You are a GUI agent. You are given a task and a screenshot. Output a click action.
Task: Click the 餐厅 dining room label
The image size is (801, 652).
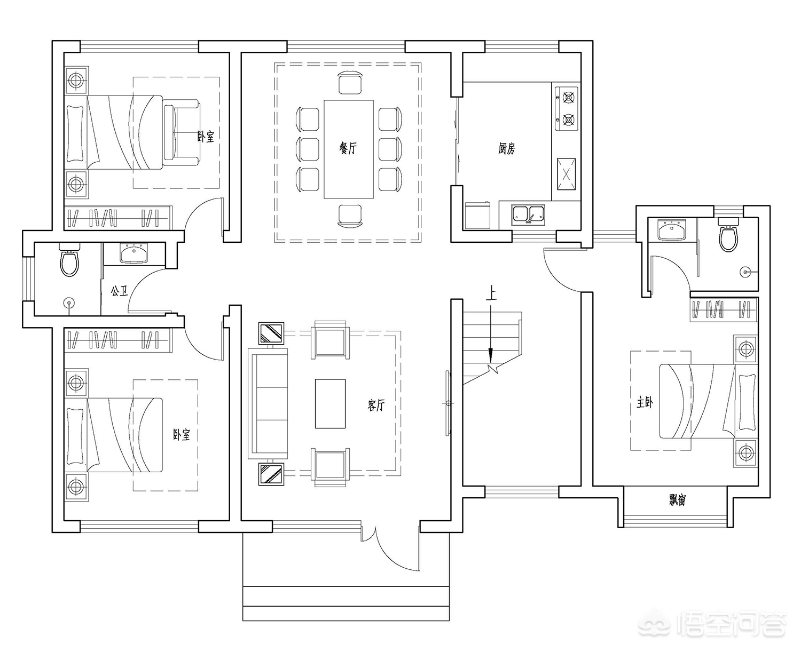348,148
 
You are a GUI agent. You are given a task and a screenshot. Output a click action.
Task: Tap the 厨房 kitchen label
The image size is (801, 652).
507,148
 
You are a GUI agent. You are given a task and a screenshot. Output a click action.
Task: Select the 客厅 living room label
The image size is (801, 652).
376,405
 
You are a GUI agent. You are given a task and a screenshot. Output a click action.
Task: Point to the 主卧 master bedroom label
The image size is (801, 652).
645,402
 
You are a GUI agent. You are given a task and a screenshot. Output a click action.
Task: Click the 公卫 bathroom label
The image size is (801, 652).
119,290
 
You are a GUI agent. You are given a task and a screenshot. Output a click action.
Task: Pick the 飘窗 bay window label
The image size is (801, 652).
677,500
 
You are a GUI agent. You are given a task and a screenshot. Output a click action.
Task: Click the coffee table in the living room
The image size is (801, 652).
330,403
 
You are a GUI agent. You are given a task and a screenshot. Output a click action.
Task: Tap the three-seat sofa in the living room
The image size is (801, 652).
268,403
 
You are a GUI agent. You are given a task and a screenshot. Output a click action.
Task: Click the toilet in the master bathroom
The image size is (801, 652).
728,235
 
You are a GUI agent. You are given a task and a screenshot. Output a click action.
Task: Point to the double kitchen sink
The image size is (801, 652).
528,215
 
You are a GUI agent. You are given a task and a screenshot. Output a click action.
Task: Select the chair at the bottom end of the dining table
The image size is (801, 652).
350,216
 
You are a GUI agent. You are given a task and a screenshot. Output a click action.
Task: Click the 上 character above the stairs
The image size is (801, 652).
491,293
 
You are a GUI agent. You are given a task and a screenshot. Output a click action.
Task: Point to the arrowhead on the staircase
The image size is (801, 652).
490,355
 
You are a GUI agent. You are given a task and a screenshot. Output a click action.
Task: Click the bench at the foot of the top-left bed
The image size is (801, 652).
181,132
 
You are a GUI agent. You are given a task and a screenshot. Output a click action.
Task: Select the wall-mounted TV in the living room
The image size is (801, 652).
447,403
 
